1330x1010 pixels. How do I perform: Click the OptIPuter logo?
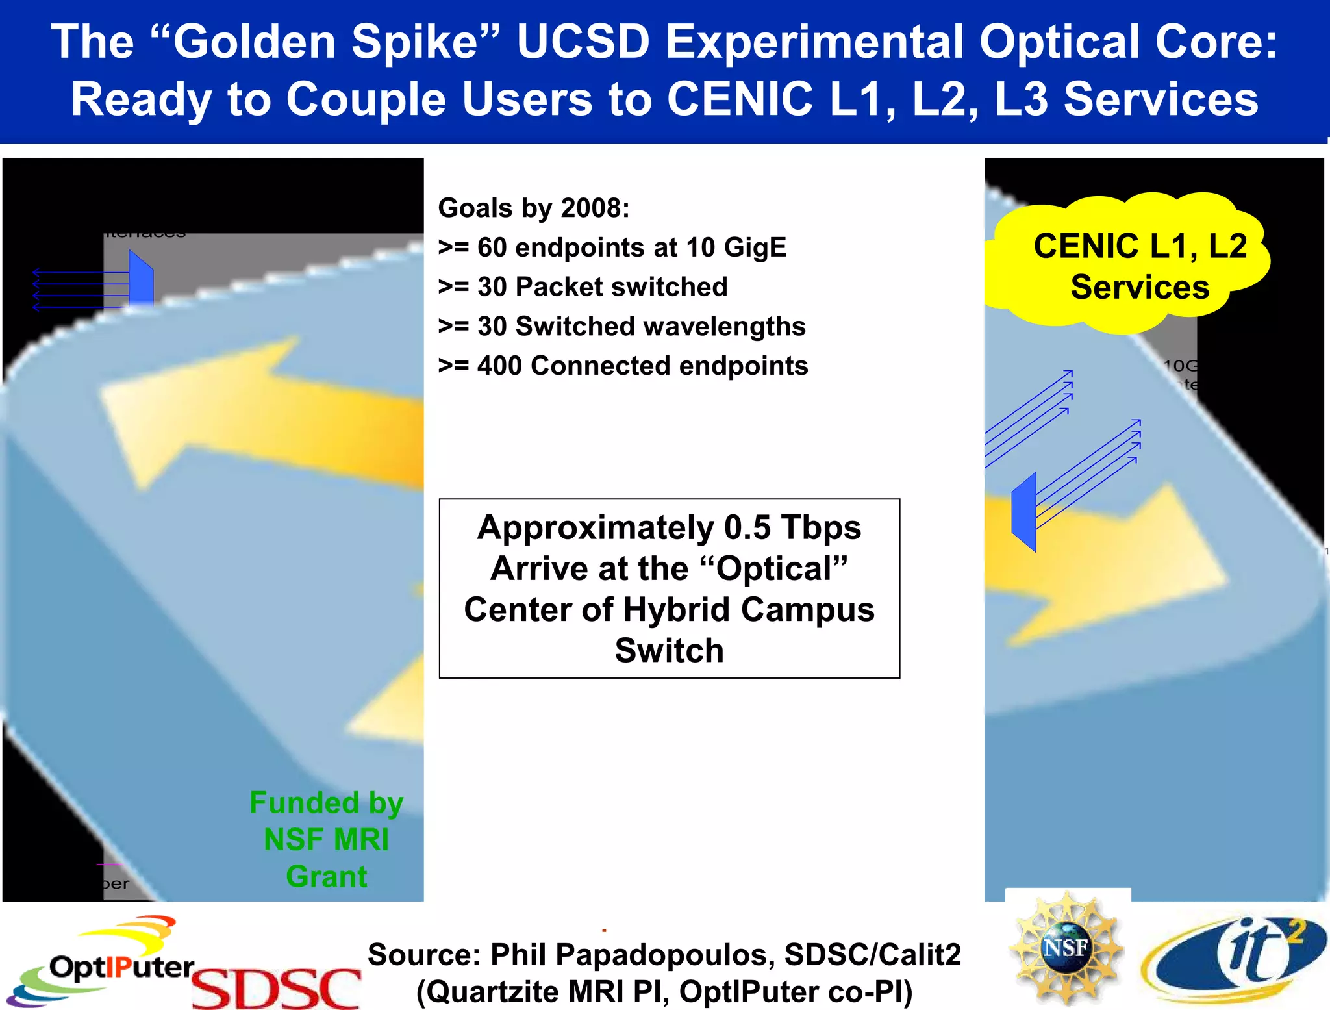(104, 962)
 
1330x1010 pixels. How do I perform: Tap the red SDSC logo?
(276, 987)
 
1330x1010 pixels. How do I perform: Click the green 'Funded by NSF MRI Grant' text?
(326, 839)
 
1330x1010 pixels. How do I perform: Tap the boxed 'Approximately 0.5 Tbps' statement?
(669, 588)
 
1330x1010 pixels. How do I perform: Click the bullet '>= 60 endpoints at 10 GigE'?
(612, 247)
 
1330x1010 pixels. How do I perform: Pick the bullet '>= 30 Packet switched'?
(583, 286)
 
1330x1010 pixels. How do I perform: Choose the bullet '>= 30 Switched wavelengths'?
(621, 326)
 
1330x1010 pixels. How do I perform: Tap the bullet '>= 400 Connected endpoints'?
(623, 366)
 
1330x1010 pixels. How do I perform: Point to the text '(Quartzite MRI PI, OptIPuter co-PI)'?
(664, 992)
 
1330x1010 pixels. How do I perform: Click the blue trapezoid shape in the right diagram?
(1024, 512)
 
